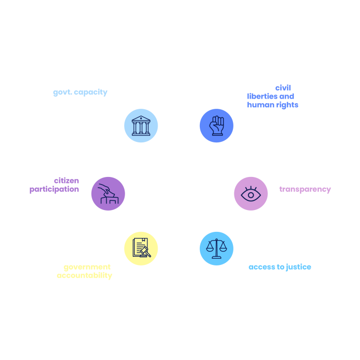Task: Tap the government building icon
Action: click(x=141, y=125)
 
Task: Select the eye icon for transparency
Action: click(x=251, y=193)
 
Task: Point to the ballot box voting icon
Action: click(x=108, y=193)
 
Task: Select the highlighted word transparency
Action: click(x=305, y=189)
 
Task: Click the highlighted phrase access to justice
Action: click(x=280, y=267)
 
